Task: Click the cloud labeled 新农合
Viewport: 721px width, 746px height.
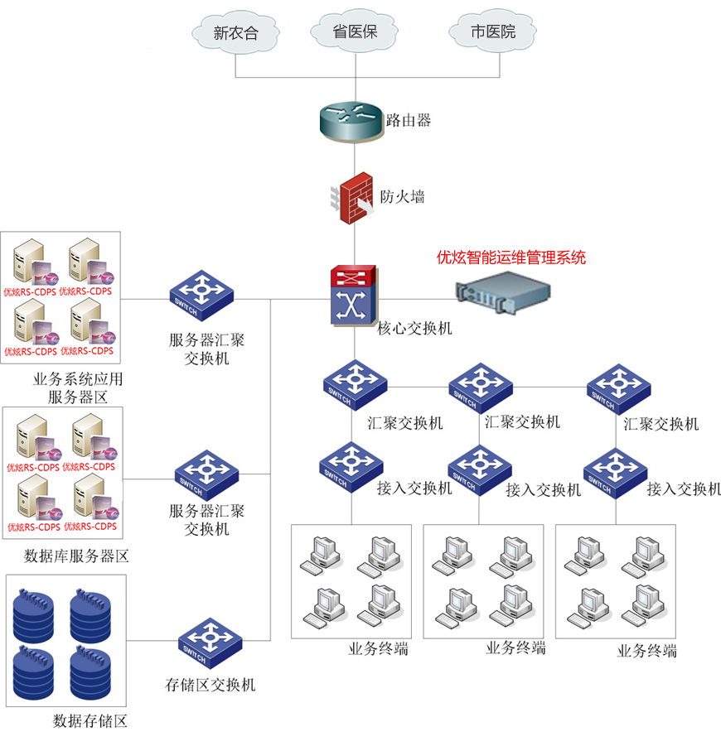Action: coord(235,33)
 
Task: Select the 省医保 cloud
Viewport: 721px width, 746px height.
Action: coord(356,32)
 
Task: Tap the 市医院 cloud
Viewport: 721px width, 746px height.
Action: coord(492,32)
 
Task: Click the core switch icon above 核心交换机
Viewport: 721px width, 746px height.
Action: coord(354,295)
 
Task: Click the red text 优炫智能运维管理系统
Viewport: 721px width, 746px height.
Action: coord(511,257)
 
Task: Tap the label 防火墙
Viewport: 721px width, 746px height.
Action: coord(402,197)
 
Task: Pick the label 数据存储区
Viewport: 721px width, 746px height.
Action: coord(90,720)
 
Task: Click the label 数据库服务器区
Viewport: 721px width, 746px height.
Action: coord(77,556)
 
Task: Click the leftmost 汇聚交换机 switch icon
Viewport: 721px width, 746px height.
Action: coord(356,385)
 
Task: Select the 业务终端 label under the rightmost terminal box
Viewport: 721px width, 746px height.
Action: coord(647,651)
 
